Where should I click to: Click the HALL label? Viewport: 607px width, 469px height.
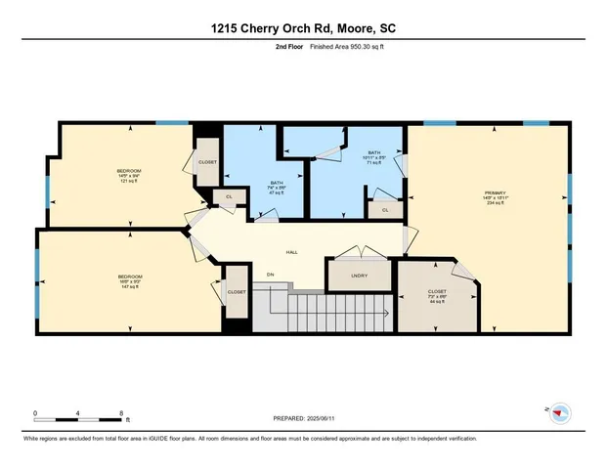click(290, 251)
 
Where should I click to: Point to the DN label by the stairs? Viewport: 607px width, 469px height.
click(270, 275)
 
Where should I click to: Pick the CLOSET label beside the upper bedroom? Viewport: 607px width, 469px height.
click(207, 163)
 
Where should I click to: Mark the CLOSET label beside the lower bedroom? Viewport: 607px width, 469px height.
click(237, 291)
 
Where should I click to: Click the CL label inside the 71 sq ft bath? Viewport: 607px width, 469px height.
click(385, 209)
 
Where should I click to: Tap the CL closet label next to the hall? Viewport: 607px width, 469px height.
click(230, 197)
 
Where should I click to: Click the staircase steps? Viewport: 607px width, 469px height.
click(323, 315)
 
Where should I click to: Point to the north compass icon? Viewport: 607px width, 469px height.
click(560, 413)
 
